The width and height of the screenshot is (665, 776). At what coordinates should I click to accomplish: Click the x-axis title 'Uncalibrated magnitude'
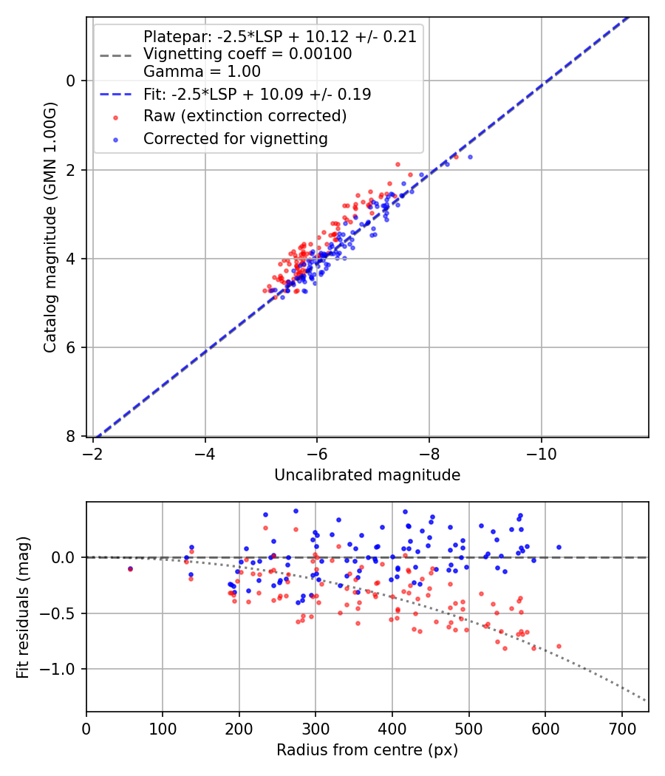[367, 475]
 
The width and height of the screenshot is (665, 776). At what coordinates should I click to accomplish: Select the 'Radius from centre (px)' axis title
[367, 750]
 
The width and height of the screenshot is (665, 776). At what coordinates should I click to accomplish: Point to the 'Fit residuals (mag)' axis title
[23, 607]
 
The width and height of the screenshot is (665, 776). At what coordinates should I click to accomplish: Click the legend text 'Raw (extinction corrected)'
[245, 116]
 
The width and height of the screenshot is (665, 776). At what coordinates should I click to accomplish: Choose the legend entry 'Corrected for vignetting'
[236, 138]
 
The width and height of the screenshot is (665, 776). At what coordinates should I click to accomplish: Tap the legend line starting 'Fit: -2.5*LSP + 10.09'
[257, 94]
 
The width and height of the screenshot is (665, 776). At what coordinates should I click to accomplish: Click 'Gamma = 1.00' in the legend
[202, 72]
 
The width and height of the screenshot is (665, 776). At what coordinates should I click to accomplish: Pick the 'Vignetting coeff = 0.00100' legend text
[248, 54]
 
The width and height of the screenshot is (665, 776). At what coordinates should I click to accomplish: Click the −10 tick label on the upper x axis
[542, 452]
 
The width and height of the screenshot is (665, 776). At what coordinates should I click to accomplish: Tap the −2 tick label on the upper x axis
[94, 452]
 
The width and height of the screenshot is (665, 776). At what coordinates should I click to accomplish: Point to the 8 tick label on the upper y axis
[72, 437]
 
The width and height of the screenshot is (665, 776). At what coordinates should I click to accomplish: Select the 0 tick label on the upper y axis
[72, 81]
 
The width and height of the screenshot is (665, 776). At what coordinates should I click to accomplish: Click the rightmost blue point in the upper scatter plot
[470, 157]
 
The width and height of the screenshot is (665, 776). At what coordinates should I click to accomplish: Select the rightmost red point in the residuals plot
[559, 646]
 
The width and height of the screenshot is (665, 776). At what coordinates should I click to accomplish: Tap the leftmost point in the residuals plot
[131, 569]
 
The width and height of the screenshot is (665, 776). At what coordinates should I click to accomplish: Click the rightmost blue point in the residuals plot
[559, 547]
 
